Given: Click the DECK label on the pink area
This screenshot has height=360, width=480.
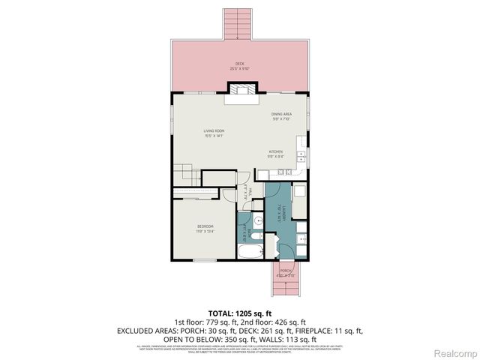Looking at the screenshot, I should (x=240, y=64).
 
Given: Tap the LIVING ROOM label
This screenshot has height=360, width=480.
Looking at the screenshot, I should (x=214, y=131).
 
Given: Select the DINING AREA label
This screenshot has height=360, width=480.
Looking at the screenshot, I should (x=281, y=114).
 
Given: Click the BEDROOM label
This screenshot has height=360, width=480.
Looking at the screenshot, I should (x=205, y=226).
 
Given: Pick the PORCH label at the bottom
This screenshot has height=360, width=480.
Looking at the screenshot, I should (x=286, y=271).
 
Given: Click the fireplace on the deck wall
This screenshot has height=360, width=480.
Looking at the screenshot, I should (x=241, y=89).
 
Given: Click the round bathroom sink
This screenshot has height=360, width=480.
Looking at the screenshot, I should (x=256, y=220).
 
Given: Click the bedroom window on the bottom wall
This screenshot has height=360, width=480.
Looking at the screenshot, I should (x=204, y=260).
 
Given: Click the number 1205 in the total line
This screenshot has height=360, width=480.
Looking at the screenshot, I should (x=244, y=314).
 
